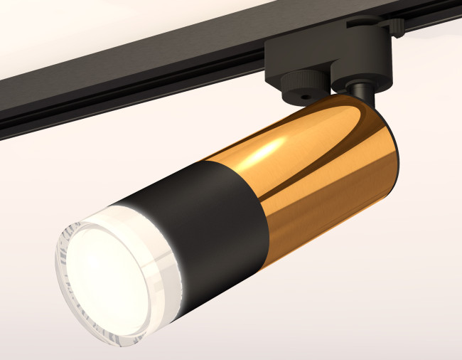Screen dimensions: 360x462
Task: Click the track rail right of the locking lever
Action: (x=434, y=14)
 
